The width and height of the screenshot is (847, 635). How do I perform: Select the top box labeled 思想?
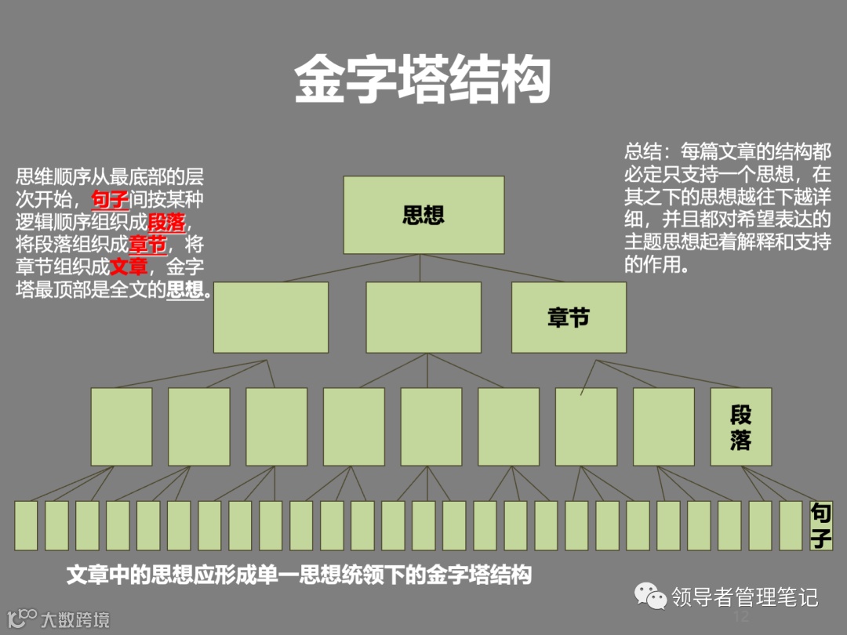[423, 215]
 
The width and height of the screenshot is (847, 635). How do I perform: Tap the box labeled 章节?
[569, 317]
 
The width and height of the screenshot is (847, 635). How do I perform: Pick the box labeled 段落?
[740, 426]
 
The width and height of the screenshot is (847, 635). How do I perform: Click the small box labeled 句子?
[821, 525]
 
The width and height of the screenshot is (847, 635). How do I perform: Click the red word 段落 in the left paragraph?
[166, 222]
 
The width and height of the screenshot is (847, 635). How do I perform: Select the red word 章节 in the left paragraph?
[147, 244]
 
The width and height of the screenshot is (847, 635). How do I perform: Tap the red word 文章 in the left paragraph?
[129, 267]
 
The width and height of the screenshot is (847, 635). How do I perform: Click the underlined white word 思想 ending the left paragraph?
[185, 289]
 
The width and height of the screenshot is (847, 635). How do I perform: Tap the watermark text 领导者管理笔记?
[744, 597]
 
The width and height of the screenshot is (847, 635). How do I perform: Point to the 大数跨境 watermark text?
[75, 619]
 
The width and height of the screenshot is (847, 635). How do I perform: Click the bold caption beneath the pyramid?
[299, 575]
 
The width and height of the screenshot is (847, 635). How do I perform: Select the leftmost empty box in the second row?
[271, 317]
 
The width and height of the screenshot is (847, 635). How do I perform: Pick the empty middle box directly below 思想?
[423, 317]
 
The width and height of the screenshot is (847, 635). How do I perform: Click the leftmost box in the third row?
[122, 426]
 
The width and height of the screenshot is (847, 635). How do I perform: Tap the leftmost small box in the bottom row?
[26, 525]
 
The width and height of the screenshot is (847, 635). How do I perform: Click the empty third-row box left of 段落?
[663, 426]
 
